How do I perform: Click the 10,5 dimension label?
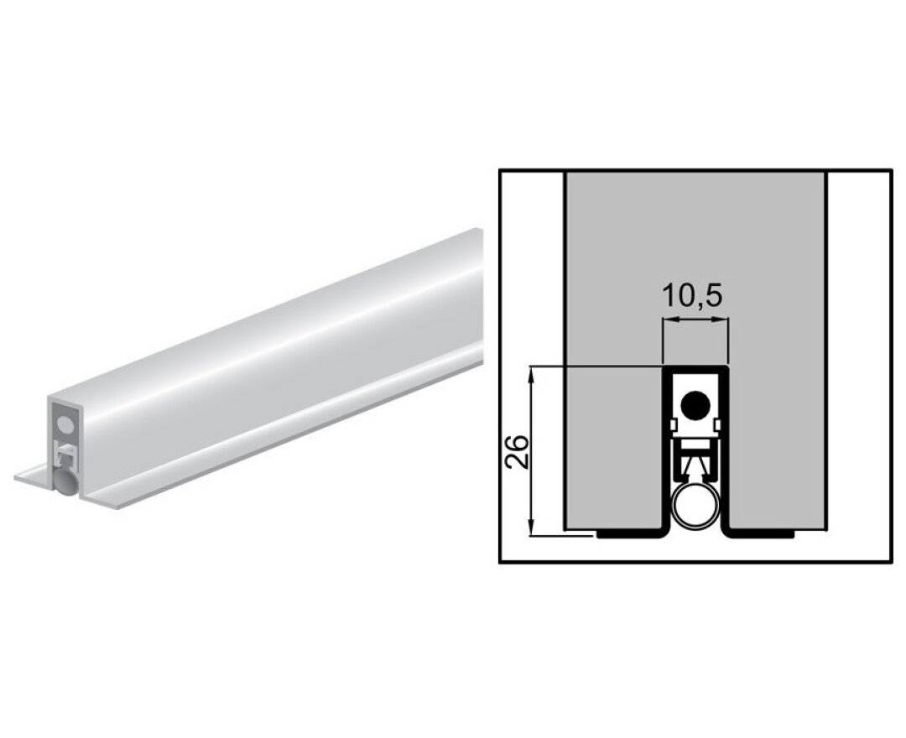coord(693,296)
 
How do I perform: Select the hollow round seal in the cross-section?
coord(695,507)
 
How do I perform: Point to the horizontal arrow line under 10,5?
coord(695,322)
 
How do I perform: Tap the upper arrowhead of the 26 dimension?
coord(531,373)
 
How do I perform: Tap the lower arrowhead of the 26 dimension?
coord(531,526)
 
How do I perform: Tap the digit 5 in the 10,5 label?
coord(713,296)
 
